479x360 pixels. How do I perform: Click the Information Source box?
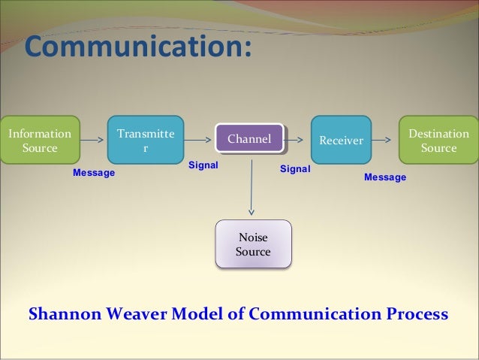point(39,140)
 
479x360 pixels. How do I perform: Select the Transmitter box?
point(145,140)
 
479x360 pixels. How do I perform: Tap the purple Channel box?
point(249,138)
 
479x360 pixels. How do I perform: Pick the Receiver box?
point(341,140)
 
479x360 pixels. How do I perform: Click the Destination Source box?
point(438,140)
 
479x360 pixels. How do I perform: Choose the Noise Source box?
point(253,244)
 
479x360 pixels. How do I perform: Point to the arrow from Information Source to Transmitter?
point(93,139)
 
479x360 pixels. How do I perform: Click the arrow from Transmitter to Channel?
point(199,139)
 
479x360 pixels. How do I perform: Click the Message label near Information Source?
point(94,173)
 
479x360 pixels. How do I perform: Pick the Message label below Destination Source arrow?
point(385,177)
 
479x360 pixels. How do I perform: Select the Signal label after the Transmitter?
point(203,165)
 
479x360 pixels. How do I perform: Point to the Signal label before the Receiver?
point(295,170)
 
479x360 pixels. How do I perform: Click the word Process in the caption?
point(414,313)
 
